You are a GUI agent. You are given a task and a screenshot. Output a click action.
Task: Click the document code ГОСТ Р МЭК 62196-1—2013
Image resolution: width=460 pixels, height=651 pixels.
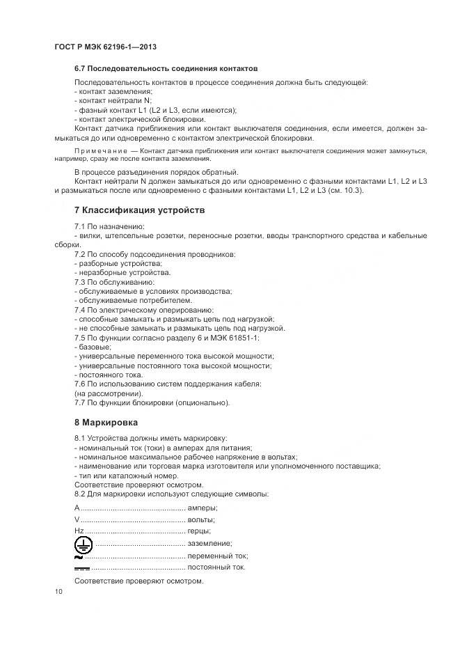click(x=104, y=47)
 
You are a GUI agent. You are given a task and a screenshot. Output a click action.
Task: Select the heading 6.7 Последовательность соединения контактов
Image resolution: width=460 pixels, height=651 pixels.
click(x=166, y=69)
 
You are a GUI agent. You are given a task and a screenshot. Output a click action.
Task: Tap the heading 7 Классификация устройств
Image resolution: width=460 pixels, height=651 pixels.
click(x=138, y=210)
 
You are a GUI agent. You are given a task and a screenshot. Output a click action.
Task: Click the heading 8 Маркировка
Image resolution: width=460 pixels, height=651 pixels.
click(x=106, y=423)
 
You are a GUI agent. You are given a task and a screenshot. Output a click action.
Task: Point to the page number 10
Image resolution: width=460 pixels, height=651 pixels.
click(x=58, y=592)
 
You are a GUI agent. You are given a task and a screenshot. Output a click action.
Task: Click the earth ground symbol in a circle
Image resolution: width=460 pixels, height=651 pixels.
click(x=83, y=542)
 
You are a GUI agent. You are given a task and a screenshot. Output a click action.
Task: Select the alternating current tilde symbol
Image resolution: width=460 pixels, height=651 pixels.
click(x=78, y=556)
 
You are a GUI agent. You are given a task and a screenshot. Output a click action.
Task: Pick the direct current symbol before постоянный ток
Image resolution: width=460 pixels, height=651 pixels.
click(x=81, y=567)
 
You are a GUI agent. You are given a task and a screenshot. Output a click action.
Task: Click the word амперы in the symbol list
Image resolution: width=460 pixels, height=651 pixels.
click(x=203, y=508)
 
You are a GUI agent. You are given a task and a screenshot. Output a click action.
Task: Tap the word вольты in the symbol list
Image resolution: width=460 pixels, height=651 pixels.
click(x=201, y=519)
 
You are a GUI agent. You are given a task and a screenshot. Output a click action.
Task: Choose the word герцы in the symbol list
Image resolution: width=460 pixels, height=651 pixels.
click(x=200, y=531)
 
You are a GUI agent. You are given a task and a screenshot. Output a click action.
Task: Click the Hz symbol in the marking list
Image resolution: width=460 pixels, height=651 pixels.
click(x=79, y=531)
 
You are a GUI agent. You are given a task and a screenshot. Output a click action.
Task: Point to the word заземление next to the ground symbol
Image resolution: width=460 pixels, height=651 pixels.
click(x=209, y=543)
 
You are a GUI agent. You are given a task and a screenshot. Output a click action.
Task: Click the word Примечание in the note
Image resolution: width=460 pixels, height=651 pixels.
click(x=100, y=150)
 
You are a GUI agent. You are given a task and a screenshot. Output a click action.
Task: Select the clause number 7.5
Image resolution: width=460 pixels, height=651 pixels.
click(x=80, y=338)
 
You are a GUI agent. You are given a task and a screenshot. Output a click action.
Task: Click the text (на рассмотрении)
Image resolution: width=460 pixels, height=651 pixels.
click(x=103, y=393)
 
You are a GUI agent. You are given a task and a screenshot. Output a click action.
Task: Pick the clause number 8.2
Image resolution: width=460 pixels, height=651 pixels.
click(x=80, y=494)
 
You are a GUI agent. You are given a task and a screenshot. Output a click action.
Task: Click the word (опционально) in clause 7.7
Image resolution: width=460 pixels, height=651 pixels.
click(x=203, y=402)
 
